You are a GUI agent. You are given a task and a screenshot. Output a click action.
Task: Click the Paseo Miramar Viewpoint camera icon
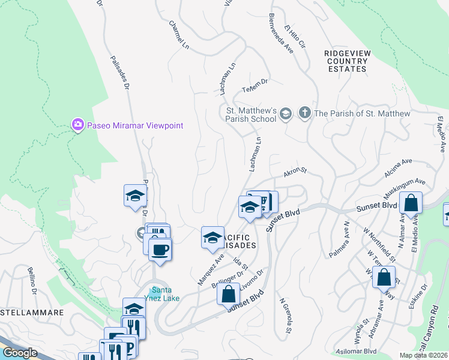click(x=78, y=125)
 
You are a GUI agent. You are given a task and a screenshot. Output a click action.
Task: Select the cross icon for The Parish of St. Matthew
click(x=305, y=113)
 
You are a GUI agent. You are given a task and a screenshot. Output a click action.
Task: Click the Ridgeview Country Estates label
click(x=346, y=61)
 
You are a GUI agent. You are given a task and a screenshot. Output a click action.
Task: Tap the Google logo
click(x=20, y=352)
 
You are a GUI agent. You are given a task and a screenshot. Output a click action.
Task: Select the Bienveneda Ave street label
click(x=282, y=32)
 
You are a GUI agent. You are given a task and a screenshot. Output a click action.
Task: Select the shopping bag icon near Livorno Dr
click(x=228, y=295)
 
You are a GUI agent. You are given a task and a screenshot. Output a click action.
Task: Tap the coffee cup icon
click(x=160, y=249)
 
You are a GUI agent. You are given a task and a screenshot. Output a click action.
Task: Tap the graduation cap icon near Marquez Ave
click(x=212, y=238)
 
